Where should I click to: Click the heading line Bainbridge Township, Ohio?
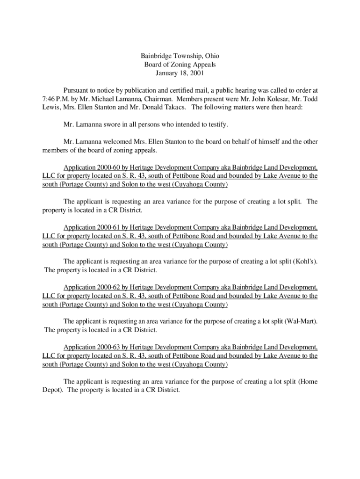pos(180,56)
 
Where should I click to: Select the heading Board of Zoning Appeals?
pos(180,65)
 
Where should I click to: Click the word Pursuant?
pos(77,90)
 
